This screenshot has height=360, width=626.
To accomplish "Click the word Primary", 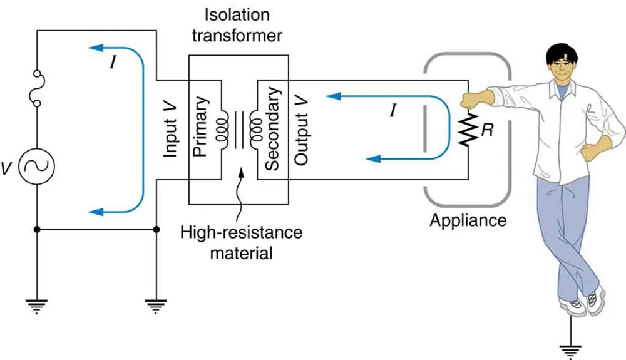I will pyautogui.click(x=201, y=129).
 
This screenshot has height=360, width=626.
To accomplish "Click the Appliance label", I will pyautogui.click(x=468, y=220).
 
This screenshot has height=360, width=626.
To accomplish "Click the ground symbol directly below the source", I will pyautogui.click(x=36, y=305).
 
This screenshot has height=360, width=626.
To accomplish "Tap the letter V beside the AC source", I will pyautogui.click(x=8, y=168).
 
